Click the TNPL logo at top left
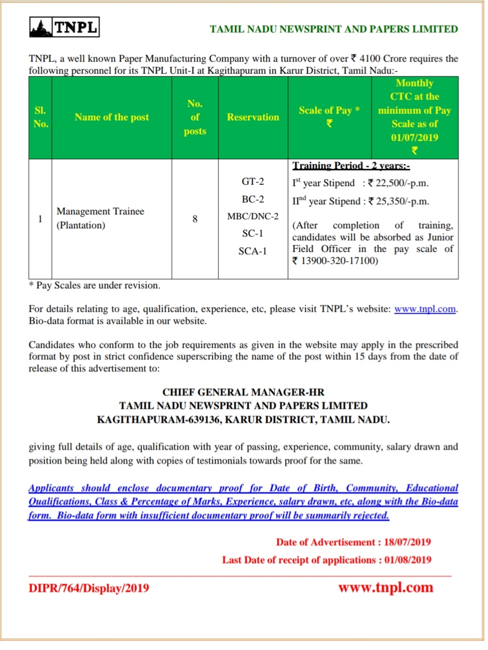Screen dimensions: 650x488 [64, 27]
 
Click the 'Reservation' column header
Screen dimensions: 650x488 [253, 117]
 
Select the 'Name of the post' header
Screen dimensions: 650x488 [112, 117]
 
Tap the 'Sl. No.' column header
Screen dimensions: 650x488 [41, 117]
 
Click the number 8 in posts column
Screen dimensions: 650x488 [195, 219]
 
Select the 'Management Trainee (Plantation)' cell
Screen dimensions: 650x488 [100, 218]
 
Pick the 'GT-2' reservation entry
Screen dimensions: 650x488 [253, 181]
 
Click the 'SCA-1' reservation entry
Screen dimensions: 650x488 [253, 251]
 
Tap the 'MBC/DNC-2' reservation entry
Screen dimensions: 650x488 [253, 216]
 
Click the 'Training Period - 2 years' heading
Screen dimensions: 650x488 [351, 166]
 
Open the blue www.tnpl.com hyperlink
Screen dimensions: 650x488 [425, 309]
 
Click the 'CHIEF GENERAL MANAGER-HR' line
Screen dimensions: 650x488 [243, 392]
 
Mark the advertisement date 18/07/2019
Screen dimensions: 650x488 [407, 542]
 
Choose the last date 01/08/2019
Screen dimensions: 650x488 [407, 560]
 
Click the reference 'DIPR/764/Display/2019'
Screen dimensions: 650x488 [89, 588]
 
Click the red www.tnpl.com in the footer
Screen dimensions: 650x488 [385, 588]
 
